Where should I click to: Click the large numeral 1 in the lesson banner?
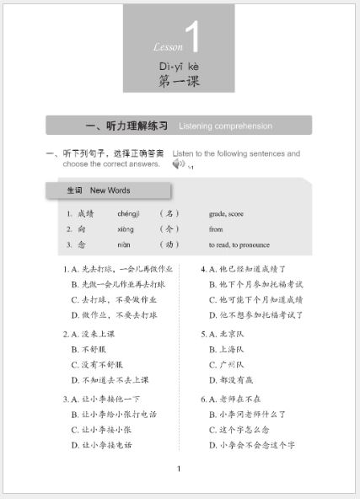pos(192,39)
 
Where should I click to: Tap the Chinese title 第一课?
pos(180,81)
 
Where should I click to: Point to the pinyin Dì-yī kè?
pos(178,65)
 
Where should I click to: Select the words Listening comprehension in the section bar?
pos(225,126)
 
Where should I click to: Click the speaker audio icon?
pos(178,164)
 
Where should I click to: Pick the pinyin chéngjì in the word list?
pos(128,213)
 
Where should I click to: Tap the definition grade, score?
pos(226,213)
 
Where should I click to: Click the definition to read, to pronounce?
pos(239,244)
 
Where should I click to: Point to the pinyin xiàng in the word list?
pos(125,228)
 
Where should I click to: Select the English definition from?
pos(216,228)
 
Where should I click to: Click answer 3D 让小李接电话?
pos(105,444)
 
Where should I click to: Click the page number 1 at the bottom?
pos(179,469)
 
